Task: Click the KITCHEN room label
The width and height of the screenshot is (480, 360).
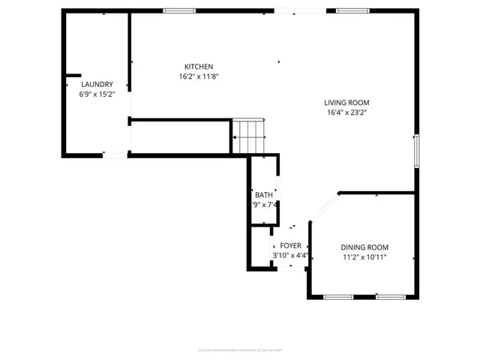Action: tap(199, 66)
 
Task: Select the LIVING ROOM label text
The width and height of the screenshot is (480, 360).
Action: tap(346, 103)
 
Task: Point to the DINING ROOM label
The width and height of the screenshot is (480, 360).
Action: tap(364, 247)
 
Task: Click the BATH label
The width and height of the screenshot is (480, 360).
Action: tap(263, 195)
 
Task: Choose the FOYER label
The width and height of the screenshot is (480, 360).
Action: tap(290, 245)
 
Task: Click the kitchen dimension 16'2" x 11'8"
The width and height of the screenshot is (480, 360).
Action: tap(199, 76)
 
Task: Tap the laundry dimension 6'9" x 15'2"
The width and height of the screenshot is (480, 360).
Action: tap(97, 94)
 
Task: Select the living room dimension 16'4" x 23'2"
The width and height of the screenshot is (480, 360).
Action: tap(346, 113)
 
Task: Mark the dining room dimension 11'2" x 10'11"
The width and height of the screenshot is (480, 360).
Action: tap(364, 258)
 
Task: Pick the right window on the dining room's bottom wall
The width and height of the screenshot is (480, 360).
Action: tap(391, 296)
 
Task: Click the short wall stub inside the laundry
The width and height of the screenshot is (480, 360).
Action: tap(73, 75)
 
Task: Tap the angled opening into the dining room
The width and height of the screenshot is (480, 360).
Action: tap(324, 208)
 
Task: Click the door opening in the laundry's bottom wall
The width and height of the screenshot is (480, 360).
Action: tap(115, 154)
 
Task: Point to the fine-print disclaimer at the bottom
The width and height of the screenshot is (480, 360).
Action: tap(239, 349)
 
